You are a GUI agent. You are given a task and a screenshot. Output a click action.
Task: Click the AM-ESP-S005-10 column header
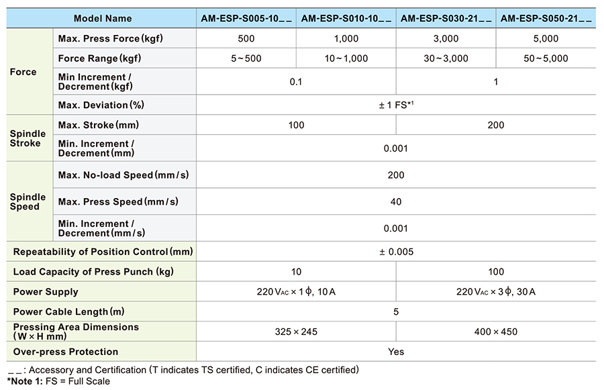coord(246,19)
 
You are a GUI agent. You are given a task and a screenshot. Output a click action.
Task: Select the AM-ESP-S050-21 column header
coord(546,19)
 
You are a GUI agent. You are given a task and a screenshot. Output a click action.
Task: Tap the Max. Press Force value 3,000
coord(446,38)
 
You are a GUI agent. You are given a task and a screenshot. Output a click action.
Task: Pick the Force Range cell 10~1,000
coord(346,58)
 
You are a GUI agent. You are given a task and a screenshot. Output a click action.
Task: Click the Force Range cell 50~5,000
coord(546,58)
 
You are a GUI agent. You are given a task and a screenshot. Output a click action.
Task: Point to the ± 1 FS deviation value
coord(396,105)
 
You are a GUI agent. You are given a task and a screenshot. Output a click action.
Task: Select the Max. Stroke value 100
coord(296,126)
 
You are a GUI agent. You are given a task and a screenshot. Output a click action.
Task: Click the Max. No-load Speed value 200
coord(396,175)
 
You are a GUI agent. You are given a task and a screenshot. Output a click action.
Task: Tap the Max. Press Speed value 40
coord(396,201)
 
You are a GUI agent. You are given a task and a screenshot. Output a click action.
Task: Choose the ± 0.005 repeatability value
coord(396,252)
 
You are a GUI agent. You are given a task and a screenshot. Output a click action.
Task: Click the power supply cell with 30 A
coord(496,292)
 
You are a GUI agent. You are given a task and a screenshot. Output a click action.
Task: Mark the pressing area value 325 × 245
coord(296,332)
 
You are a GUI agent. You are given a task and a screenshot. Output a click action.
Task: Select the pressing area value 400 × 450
coord(496,332)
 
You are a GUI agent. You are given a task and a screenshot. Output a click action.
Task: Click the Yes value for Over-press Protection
coord(396,352)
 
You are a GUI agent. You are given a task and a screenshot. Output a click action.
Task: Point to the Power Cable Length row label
coord(68,311)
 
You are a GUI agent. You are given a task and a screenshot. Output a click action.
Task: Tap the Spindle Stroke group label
coord(28,138)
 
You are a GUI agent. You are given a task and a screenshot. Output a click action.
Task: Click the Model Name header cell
coord(103,19)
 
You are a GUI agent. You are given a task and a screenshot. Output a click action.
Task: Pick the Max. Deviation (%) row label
coord(101,105)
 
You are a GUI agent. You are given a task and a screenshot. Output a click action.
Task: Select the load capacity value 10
coord(296,272)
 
